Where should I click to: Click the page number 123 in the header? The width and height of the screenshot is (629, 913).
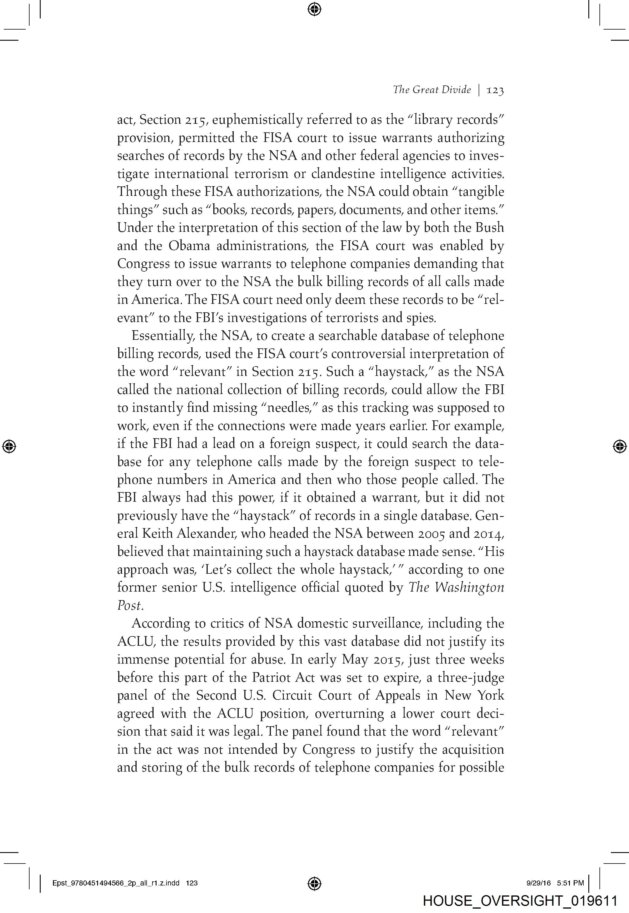click(x=495, y=90)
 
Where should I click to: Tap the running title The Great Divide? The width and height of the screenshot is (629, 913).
click(x=432, y=90)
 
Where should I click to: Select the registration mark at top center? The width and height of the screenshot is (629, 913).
click(x=314, y=9)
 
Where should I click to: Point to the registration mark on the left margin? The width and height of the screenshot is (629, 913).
click(x=9, y=446)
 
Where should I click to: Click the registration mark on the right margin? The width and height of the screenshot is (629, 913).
click(x=620, y=446)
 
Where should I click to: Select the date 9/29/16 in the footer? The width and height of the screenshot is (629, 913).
click(x=538, y=883)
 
